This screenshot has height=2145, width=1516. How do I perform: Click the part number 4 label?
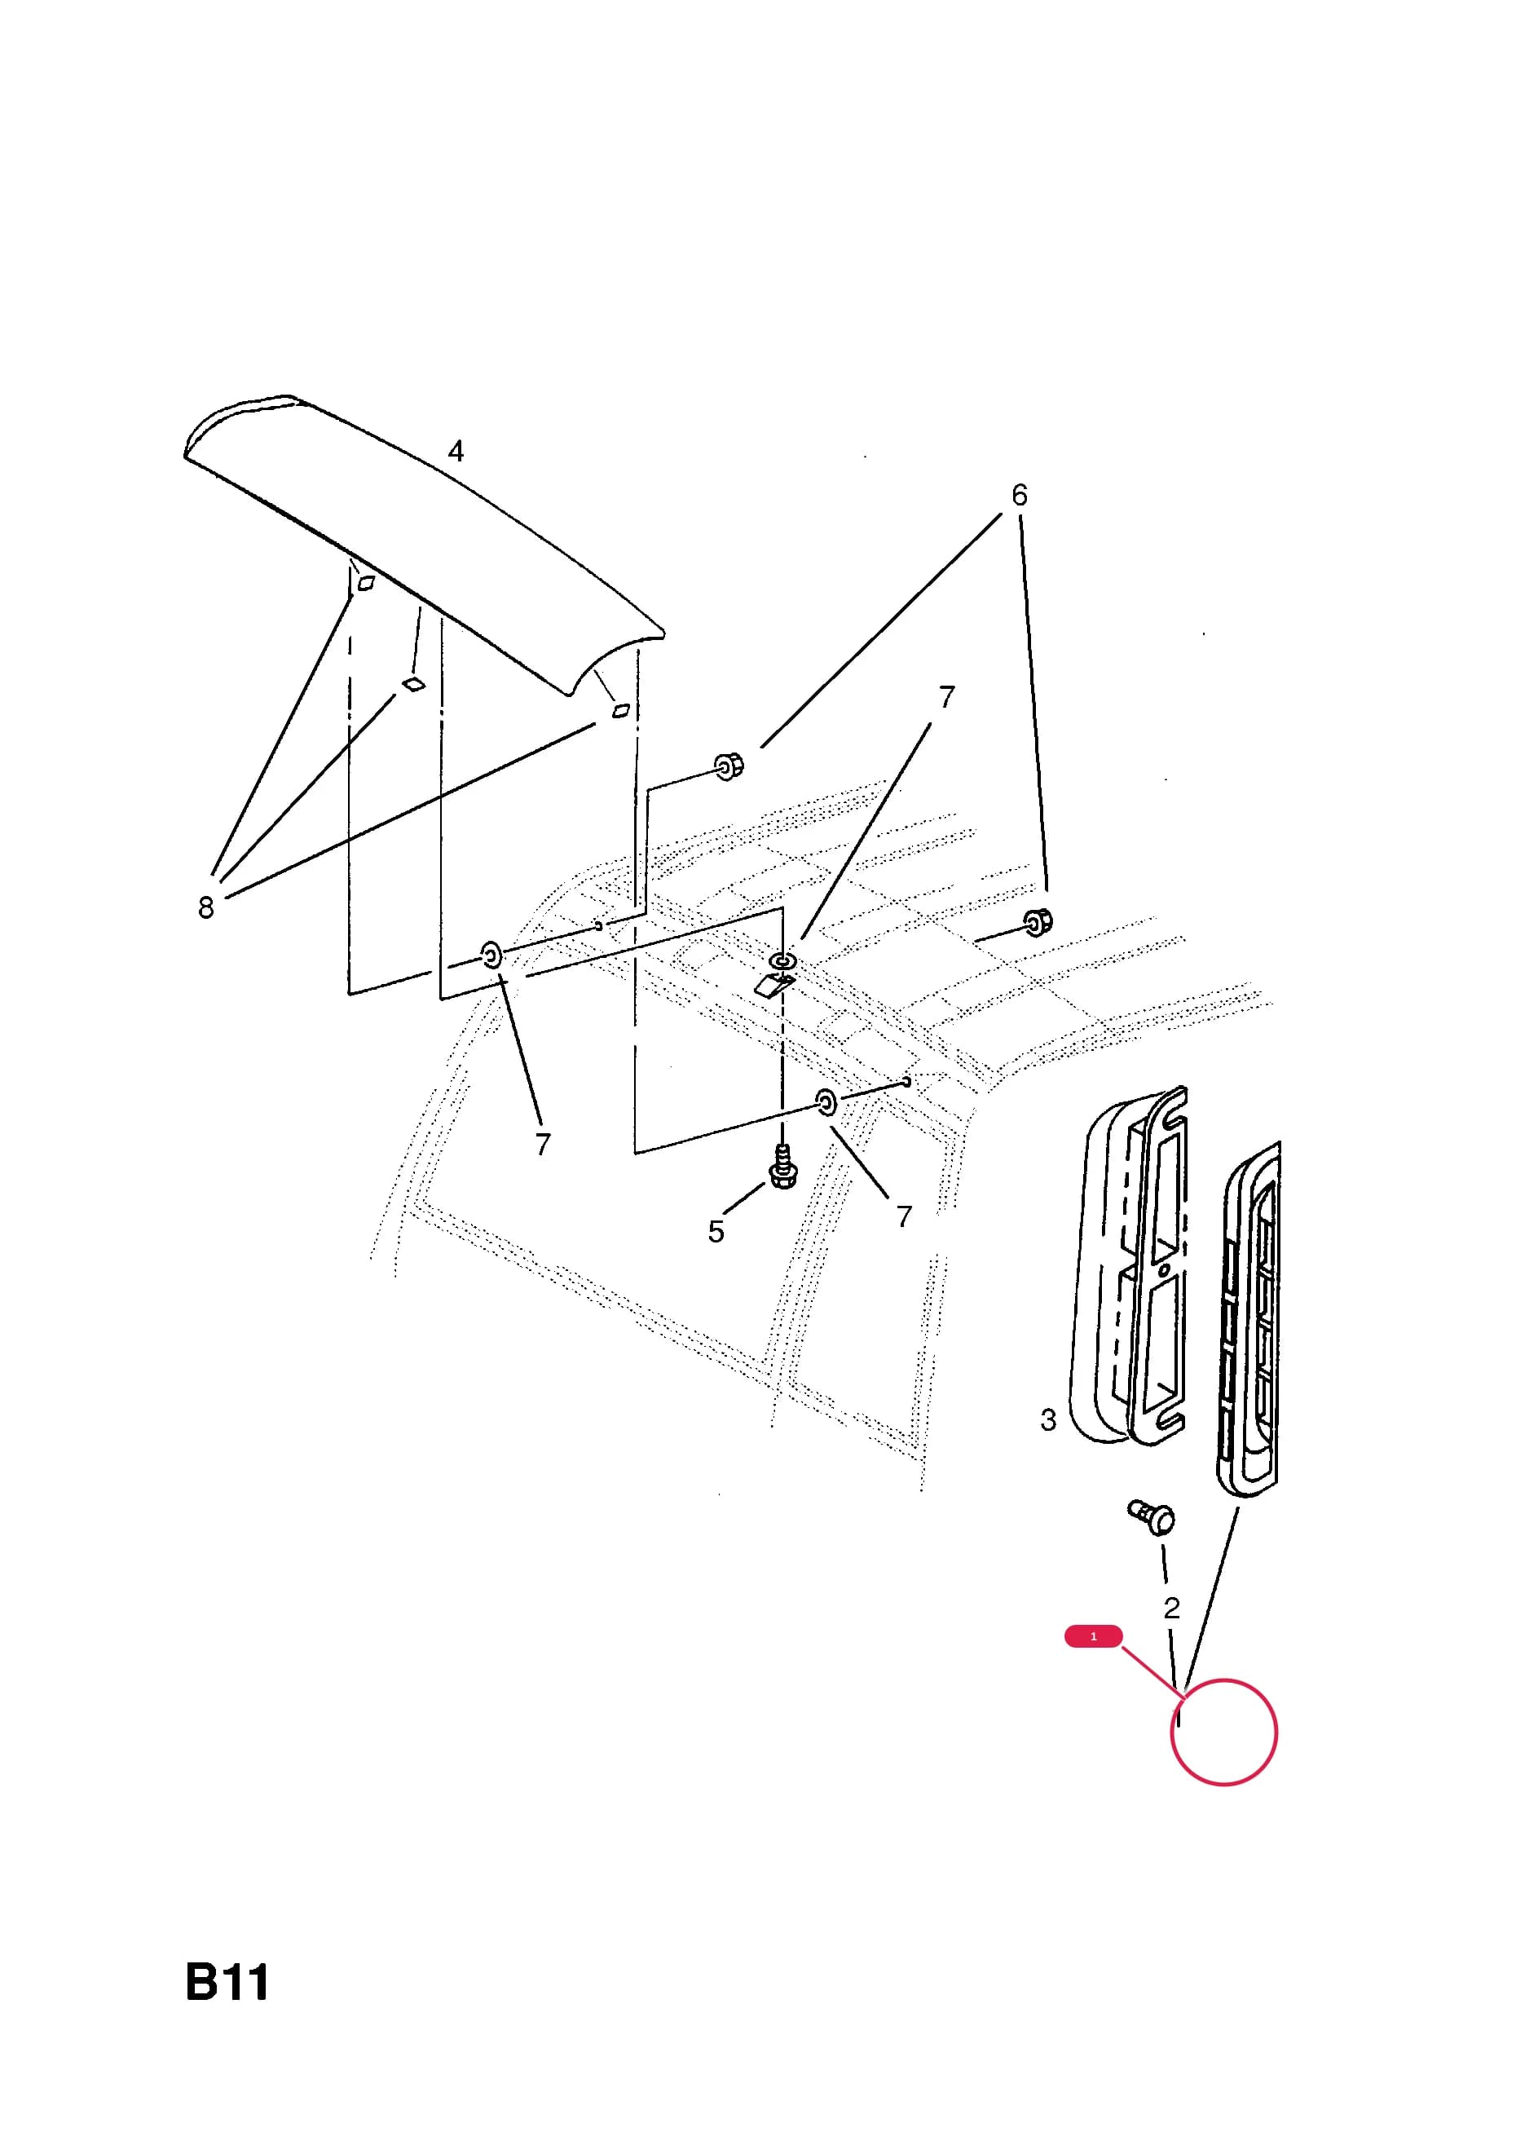click(x=456, y=451)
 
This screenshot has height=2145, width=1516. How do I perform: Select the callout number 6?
click(x=1019, y=495)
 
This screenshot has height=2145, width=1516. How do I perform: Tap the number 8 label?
click(x=205, y=907)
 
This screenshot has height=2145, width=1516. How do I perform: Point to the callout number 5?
click(x=716, y=1232)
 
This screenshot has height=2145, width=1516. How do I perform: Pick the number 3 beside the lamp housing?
click(x=1048, y=1420)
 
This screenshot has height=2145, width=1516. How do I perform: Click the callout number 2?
click(x=1171, y=1608)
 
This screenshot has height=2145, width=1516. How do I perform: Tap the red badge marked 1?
click(x=1093, y=1635)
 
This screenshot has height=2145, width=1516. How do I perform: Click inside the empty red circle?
click(x=1223, y=1733)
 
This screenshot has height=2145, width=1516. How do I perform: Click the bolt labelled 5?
click(x=782, y=1167)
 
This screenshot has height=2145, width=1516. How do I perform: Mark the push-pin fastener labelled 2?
click(x=1152, y=1516)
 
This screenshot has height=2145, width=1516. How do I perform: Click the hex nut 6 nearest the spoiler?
click(x=729, y=767)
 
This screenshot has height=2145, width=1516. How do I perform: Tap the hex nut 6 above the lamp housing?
click(x=1038, y=922)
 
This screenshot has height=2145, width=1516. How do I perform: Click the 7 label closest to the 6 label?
click(x=946, y=697)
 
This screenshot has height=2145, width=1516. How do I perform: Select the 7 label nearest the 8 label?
click(x=543, y=1144)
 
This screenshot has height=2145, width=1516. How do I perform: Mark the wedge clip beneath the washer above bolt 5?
click(x=774, y=985)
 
